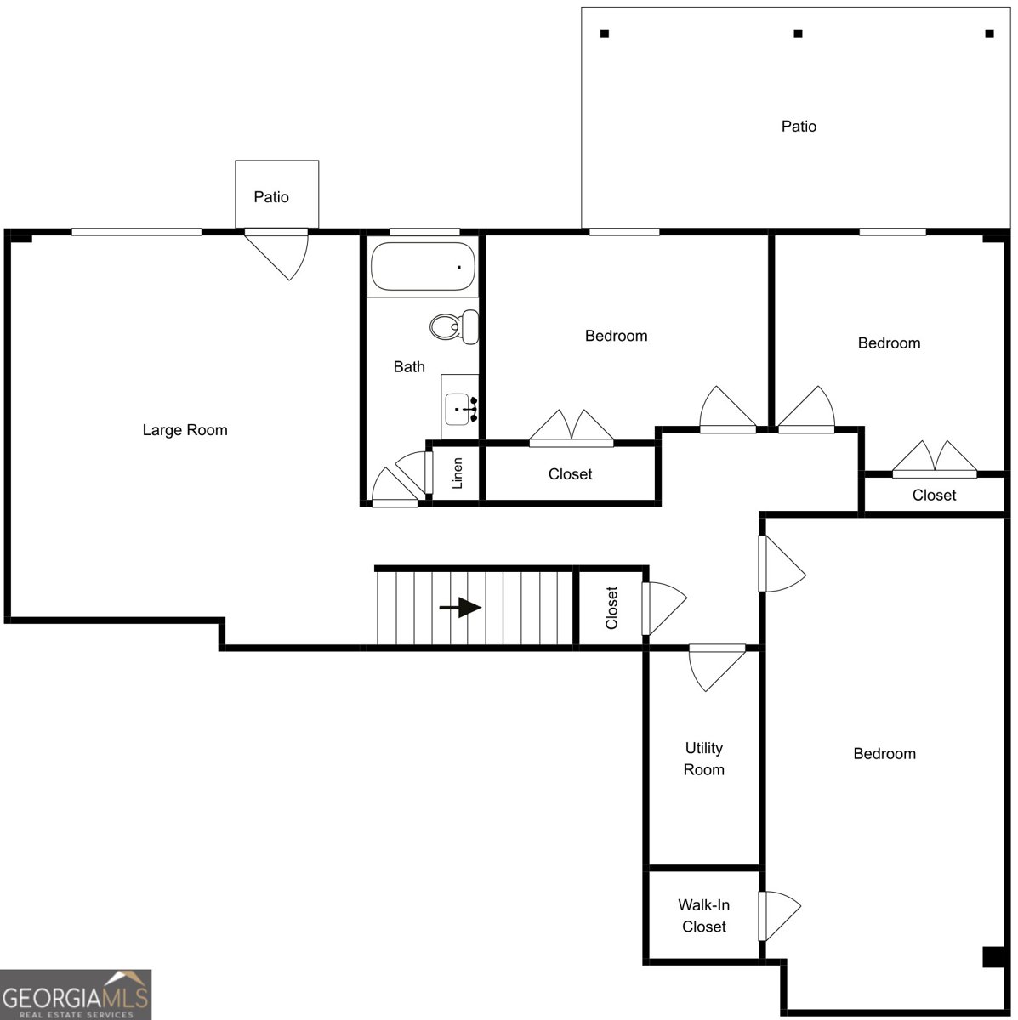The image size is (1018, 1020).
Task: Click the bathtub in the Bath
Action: [422, 266]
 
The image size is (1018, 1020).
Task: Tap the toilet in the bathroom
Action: [454, 326]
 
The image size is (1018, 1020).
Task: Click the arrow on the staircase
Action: [460, 608]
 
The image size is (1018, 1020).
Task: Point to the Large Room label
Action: [185, 430]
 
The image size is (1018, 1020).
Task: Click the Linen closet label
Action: [457, 473]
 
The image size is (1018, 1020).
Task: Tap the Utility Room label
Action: [704, 758]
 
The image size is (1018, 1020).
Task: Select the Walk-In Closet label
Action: [704, 915]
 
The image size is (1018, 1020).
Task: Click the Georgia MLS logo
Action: [76, 994]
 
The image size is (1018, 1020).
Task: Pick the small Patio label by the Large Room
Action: [271, 197]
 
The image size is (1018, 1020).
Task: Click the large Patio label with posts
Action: [799, 126]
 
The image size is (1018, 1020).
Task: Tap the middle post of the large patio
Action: [799, 34]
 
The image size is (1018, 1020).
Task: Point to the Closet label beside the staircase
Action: [611, 608]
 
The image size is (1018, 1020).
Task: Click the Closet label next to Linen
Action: [570, 473]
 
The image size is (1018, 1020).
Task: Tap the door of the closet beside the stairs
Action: [663, 609]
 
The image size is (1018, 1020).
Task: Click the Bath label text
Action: [409, 366]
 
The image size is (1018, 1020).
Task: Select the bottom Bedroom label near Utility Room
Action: [884, 753]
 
